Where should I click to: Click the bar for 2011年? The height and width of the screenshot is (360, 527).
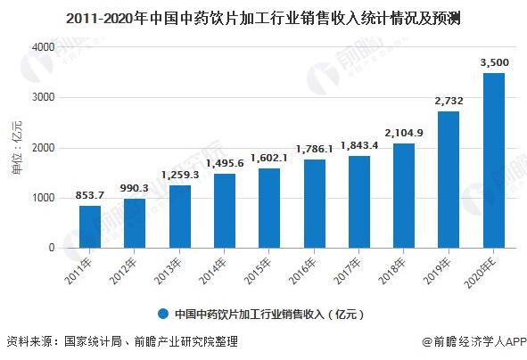tap(90, 226)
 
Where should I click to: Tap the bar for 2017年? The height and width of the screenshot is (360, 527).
tap(358, 201)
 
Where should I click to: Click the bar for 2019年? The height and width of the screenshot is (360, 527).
tap(449, 179)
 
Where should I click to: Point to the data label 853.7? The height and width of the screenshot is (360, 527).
tap(90, 196)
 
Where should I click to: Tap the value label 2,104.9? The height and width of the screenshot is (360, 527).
tap(404, 133)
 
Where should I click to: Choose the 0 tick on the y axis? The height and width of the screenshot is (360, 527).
tap(51, 248)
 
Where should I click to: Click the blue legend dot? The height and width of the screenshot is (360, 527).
tap(163, 314)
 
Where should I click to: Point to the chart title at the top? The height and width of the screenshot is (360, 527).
tap(263, 16)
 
